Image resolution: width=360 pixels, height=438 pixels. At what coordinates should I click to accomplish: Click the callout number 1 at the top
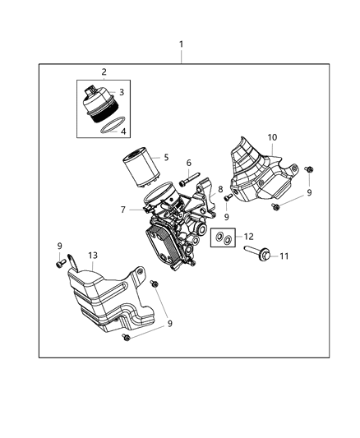tap(182, 44)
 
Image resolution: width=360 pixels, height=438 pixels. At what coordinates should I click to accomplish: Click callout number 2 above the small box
tap(104, 71)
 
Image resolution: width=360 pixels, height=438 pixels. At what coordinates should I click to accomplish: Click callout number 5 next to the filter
tap(166, 157)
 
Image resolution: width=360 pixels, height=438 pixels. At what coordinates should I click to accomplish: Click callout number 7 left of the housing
tap(122, 210)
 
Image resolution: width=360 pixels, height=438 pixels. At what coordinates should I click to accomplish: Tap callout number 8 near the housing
tap(220, 190)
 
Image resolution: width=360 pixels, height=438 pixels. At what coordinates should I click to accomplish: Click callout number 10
tap(272, 137)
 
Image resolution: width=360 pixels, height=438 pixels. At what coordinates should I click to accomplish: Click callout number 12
tap(248, 237)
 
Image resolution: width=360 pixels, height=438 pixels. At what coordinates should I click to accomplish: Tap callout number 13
tap(93, 256)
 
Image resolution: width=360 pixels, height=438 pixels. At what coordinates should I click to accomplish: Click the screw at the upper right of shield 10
tap(309, 169)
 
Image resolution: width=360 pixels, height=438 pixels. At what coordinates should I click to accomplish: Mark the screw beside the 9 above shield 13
tap(61, 263)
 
